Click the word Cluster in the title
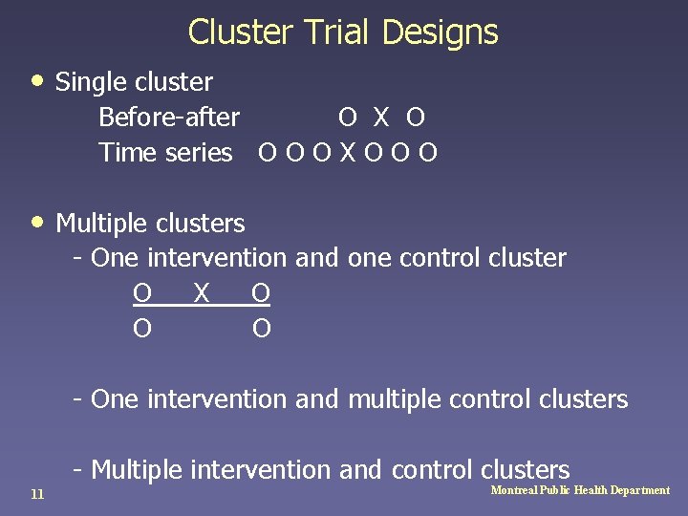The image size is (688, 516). pyautogui.click(x=240, y=32)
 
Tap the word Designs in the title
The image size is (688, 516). pyautogui.click(x=440, y=32)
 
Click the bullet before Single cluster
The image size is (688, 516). pyautogui.click(x=37, y=80)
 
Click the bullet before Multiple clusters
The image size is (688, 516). pyautogui.click(x=37, y=221)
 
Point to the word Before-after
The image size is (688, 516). pyautogui.click(x=169, y=118)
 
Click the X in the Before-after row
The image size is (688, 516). pyautogui.click(x=381, y=118)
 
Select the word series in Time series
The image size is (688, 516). pyautogui.click(x=202, y=153)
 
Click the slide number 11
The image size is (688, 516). pyautogui.click(x=37, y=493)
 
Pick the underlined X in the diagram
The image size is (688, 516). pyautogui.click(x=201, y=292)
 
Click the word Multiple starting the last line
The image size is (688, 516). pyautogui.click(x=137, y=469)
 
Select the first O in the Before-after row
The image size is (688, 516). pyautogui.click(x=348, y=118)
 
